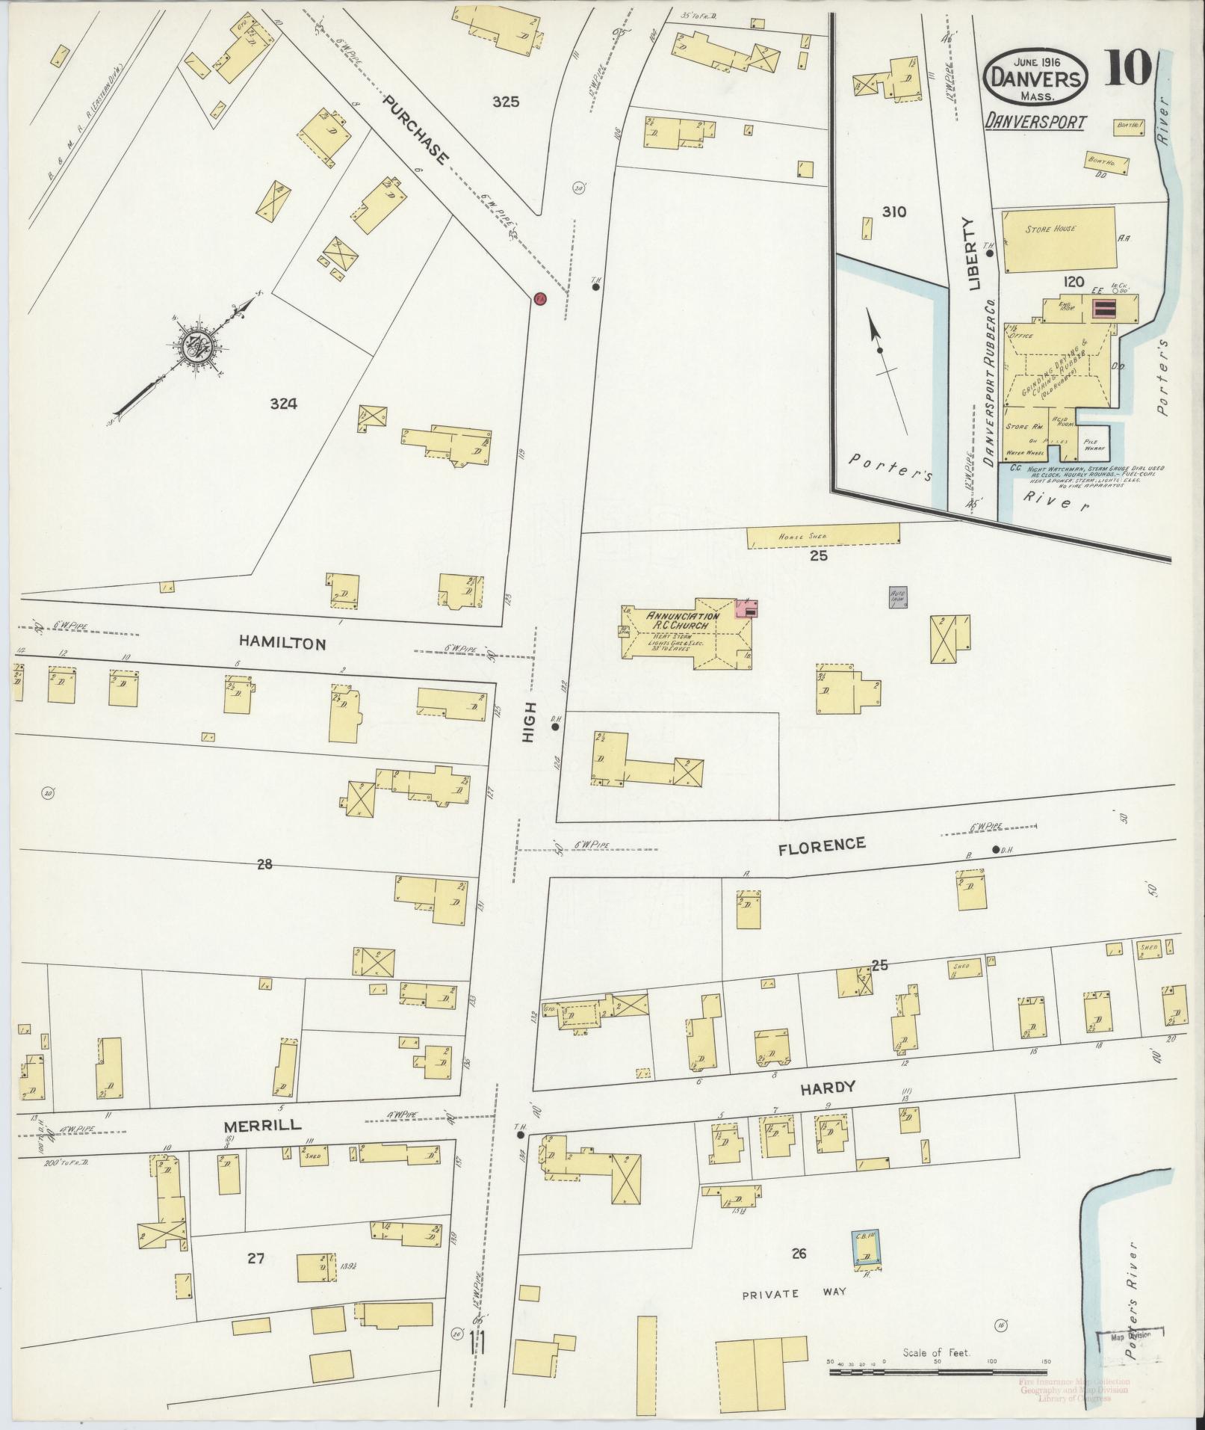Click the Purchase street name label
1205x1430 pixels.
(x=418, y=131)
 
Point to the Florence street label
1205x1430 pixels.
(x=821, y=845)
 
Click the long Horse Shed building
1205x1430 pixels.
(x=823, y=535)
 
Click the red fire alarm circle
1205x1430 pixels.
(x=539, y=299)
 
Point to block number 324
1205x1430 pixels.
(x=284, y=404)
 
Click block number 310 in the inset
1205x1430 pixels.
(x=893, y=212)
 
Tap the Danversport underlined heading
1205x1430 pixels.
(x=1034, y=121)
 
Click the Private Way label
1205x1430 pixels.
(x=792, y=1293)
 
